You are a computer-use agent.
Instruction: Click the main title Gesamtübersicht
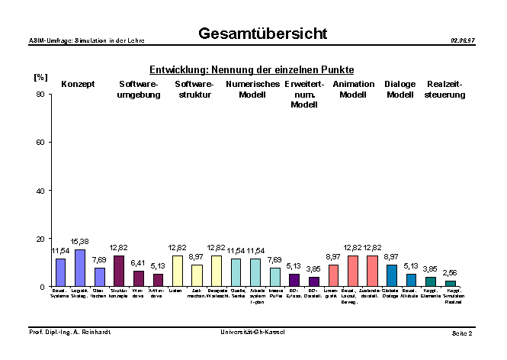tap(262, 34)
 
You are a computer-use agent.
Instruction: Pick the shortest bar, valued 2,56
tap(451, 284)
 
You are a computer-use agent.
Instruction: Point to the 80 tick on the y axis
tap(40, 95)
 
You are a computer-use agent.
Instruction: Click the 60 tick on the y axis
tap(40, 143)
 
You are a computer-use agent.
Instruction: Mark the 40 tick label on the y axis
tap(40, 191)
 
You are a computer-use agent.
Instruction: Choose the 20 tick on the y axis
tap(40, 239)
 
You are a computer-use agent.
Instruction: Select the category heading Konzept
tap(78, 84)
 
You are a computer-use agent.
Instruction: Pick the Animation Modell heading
tap(354, 89)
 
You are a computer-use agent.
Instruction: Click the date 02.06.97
tap(462, 40)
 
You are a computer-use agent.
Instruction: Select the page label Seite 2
tap(461, 334)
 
